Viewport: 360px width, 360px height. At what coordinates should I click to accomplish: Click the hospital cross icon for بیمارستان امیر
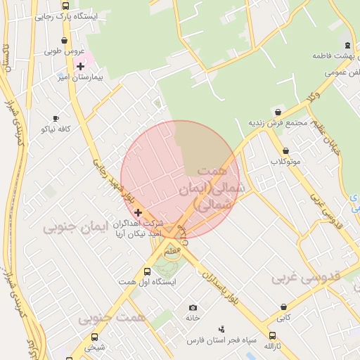pyautogui.click(x=80, y=66)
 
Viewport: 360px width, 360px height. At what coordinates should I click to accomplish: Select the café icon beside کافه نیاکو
pyautogui.click(x=56, y=119)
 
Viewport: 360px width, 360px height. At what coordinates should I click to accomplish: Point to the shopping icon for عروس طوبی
pyautogui.click(x=65, y=41)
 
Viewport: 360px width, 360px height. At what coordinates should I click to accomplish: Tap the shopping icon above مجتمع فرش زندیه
pyautogui.click(x=278, y=112)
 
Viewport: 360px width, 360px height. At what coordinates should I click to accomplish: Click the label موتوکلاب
pyautogui.click(x=285, y=162)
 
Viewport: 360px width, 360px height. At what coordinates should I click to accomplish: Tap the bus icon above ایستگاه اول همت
pyautogui.click(x=147, y=271)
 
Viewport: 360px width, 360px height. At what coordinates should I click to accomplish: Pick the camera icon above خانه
pyautogui.click(x=193, y=307)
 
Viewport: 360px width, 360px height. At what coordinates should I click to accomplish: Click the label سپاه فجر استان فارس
pyautogui.click(x=214, y=340)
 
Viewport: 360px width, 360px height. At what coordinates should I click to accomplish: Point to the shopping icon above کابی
pyautogui.click(x=283, y=307)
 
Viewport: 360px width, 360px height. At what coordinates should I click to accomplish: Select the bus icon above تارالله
pyautogui.click(x=273, y=335)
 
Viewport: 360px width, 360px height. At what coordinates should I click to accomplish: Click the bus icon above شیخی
pyautogui.click(x=94, y=336)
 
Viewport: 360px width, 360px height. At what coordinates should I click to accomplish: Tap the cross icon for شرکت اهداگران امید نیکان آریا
pyautogui.click(x=138, y=212)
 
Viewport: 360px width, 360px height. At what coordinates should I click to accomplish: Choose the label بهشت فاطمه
pyautogui.click(x=337, y=54)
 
